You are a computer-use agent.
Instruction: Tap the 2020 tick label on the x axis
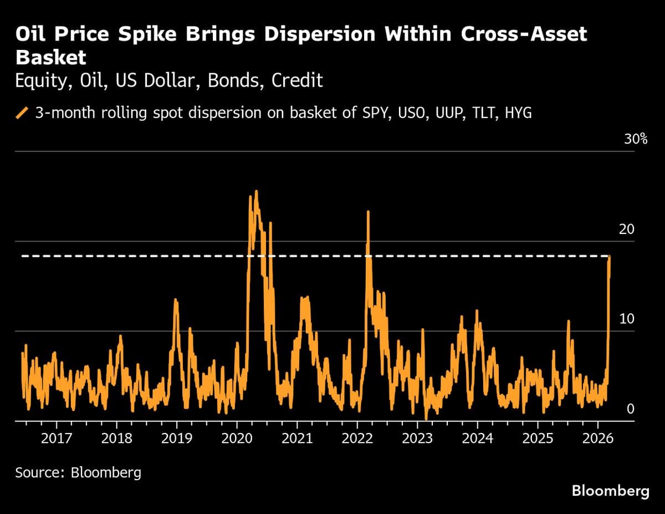(237, 439)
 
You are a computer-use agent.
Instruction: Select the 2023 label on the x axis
(417, 439)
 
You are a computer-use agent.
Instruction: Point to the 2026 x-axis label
(598, 439)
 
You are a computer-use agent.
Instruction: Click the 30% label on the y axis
(636, 139)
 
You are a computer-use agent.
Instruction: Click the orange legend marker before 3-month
(22, 113)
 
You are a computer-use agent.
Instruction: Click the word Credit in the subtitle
(298, 81)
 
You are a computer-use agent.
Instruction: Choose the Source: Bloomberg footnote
(78, 472)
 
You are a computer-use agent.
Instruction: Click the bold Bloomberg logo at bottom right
(610, 491)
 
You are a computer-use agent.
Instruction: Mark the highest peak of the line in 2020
(256, 191)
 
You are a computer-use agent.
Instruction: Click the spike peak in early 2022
(367, 211)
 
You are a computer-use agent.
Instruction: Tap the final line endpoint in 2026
(610, 256)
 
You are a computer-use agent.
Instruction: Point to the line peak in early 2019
(176, 299)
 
